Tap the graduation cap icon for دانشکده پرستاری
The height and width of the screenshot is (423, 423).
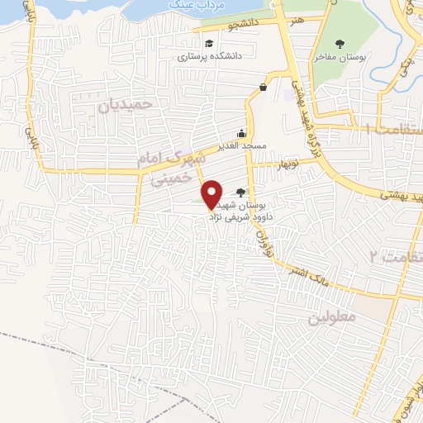pyautogui.click(x=209, y=44)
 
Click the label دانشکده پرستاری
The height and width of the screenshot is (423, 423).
pyautogui.click(x=207, y=58)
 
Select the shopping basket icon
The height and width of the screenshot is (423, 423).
pyautogui.click(x=263, y=87)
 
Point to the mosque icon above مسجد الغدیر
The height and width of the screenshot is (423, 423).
pyautogui.click(x=241, y=134)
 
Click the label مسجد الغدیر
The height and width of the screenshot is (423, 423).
pyautogui.click(x=241, y=146)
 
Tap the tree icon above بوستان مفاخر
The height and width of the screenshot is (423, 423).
pyautogui.click(x=340, y=44)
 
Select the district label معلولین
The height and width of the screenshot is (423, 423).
pyautogui.click(x=330, y=317)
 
